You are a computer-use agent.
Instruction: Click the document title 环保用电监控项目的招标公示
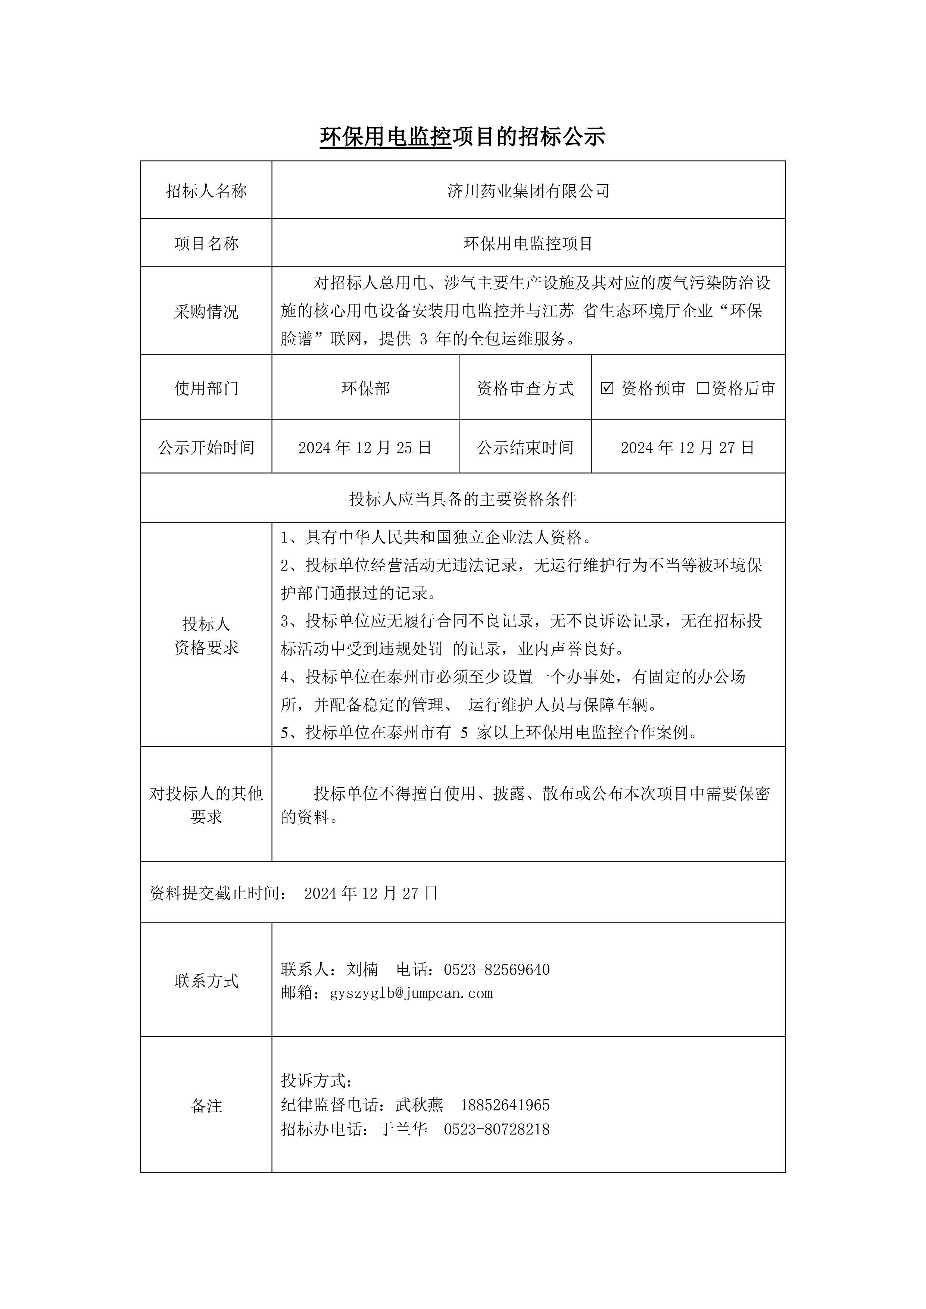pos(462,137)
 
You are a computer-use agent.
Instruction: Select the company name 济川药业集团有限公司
pos(528,191)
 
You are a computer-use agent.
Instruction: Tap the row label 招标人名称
pos(206,191)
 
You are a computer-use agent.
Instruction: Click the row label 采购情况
pos(206,312)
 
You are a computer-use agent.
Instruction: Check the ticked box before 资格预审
pos(607,388)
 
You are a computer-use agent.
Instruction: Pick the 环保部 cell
pos(365,388)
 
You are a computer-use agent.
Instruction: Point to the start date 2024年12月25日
pos(365,447)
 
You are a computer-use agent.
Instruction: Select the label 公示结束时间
pos(525,447)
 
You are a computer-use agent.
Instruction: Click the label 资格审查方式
pos(525,388)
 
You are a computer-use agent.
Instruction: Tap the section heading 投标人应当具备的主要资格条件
pos(462,499)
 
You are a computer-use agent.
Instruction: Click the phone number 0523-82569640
pos(497,969)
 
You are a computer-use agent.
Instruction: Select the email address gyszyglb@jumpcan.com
pos(411,993)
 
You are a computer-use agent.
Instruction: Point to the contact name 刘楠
pos(362,969)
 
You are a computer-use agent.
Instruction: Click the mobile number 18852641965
pos(505,1105)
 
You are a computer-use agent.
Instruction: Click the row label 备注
pos(206,1106)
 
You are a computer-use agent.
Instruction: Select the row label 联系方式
pos(206,981)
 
